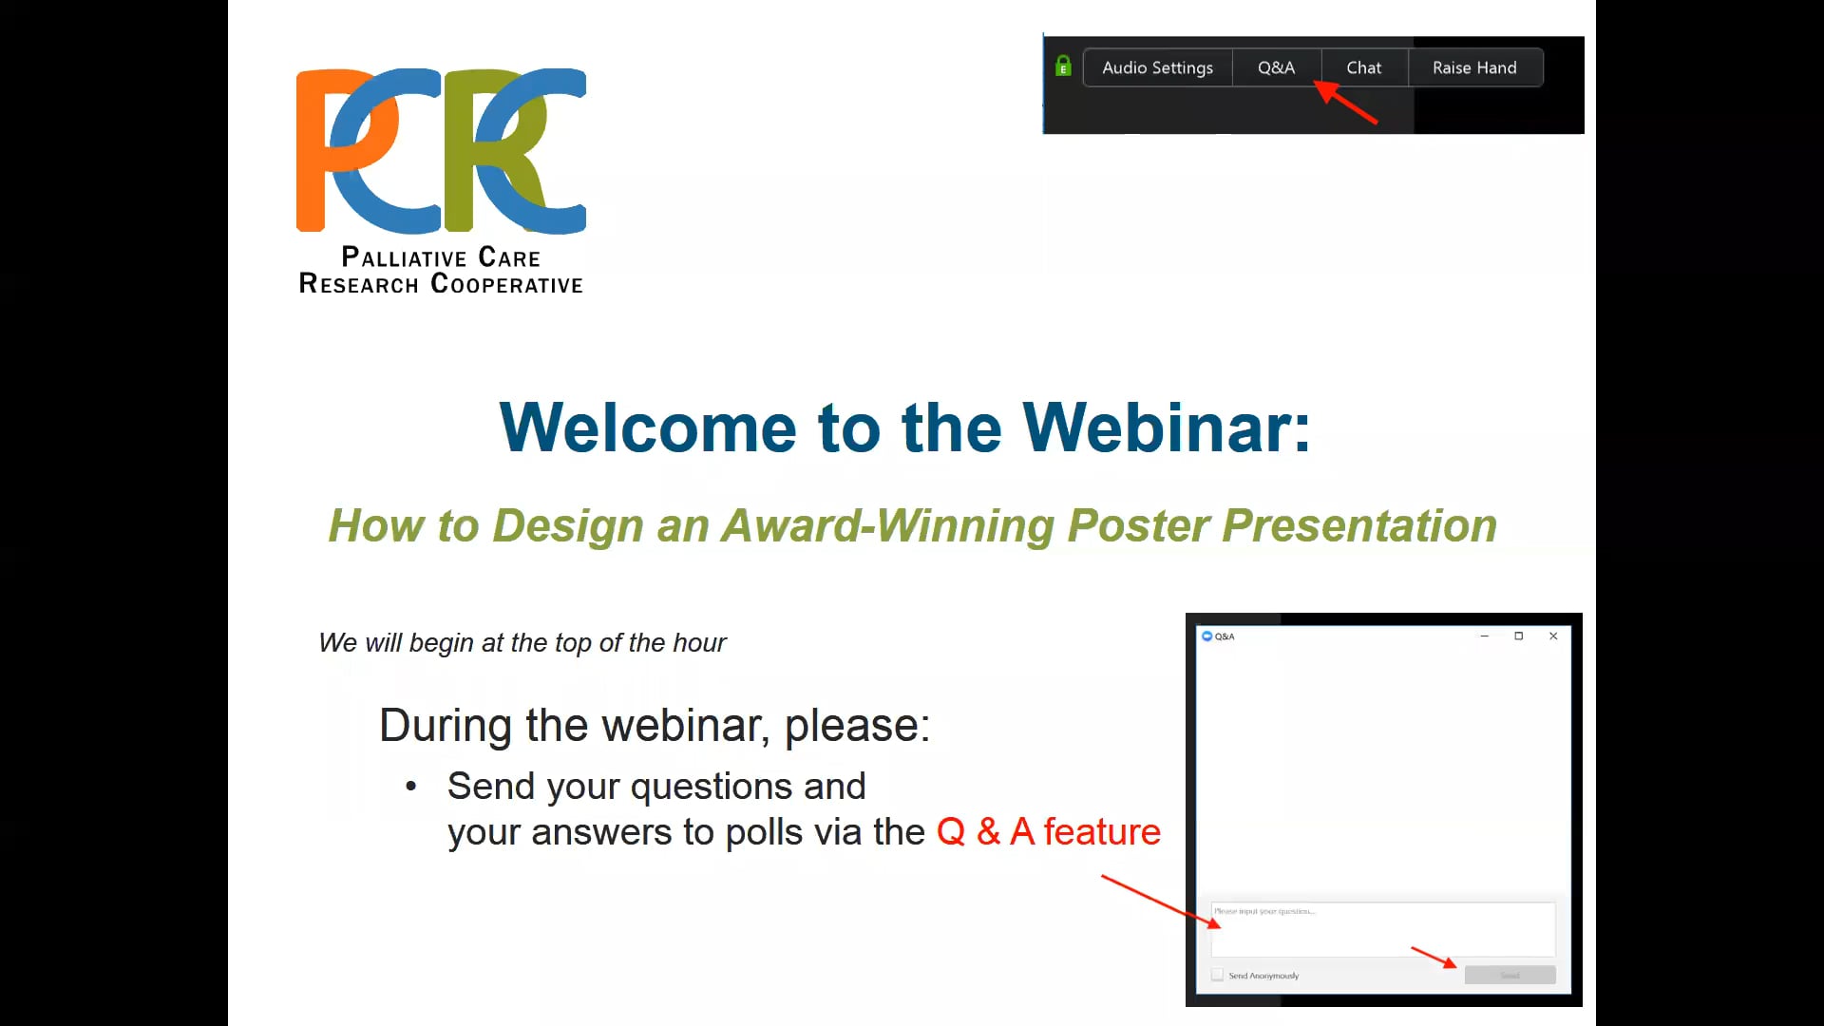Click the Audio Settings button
coord(1157,67)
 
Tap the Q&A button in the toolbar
coord(1276,67)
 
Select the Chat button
coord(1363,67)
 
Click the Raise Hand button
coord(1474,67)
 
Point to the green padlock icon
coord(1063,66)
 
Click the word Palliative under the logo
coord(404,257)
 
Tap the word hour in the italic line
coord(699,643)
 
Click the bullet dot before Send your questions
coord(410,787)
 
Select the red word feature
coord(1102,832)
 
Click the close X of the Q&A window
coord(1553,636)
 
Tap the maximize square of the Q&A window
coord(1518,636)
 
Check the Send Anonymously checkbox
coord(1217,975)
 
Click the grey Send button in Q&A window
coord(1510,975)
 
